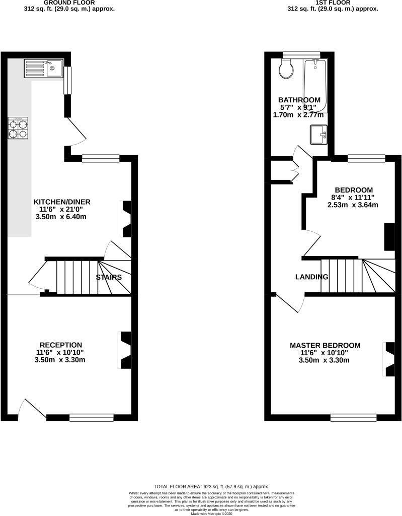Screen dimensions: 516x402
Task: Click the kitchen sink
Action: pos(42,68)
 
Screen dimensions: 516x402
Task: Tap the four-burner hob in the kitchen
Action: pos(18,128)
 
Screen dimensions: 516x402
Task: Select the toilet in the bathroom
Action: pos(286,69)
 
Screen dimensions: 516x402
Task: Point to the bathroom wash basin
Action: pos(318,135)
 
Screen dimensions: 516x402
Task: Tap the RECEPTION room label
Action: pos(61,345)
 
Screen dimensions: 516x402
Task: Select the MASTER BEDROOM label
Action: pos(325,345)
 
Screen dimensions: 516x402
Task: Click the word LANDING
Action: pos(311,277)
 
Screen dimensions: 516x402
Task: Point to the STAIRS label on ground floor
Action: pos(109,277)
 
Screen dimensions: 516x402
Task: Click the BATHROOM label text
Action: pos(300,99)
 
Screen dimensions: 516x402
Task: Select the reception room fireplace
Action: pos(124,350)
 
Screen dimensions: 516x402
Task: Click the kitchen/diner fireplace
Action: pos(126,219)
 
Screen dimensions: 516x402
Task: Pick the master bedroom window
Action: pos(353,417)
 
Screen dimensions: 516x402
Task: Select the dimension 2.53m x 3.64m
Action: pos(353,205)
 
